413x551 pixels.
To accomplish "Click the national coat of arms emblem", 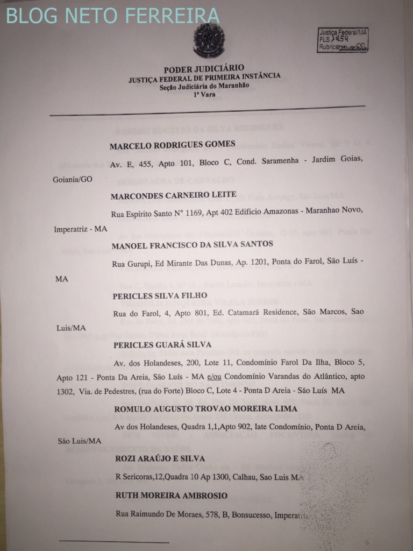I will coord(207,41).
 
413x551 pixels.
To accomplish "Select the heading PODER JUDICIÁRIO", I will coord(204,68).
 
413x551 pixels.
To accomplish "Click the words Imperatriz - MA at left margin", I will coord(81,230).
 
